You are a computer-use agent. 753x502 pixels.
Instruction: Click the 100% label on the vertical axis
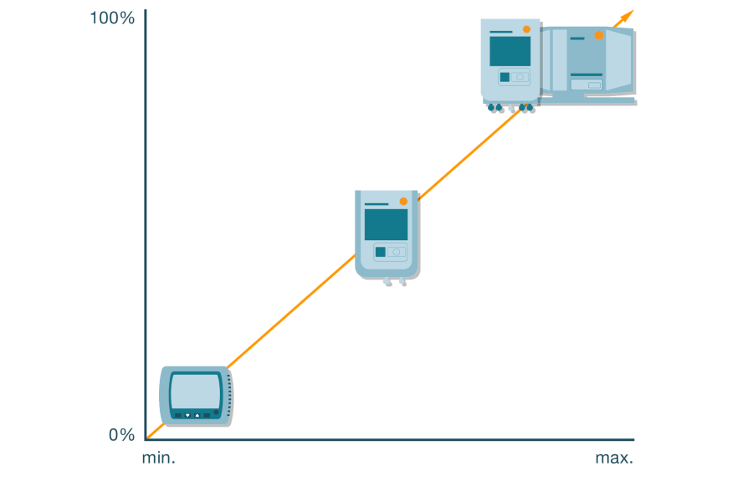coord(112,18)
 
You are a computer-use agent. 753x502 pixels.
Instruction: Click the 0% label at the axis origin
coord(121,434)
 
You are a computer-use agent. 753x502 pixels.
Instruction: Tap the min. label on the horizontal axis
coord(158,458)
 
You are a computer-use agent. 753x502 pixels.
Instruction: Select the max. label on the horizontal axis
coord(614,458)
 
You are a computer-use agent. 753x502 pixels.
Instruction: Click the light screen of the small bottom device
coord(196,390)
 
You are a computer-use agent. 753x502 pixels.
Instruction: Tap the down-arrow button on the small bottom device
coord(187,415)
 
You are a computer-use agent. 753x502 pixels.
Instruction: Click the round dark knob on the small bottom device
coord(215,412)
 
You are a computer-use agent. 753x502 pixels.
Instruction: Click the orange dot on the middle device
coord(403,202)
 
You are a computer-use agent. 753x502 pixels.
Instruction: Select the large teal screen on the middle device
coord(386,224)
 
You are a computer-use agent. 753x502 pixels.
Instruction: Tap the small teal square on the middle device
coord(380,252)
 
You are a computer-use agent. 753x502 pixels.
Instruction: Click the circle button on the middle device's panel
coord(397,252)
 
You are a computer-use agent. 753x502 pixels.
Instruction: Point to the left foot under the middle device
coord(386,281)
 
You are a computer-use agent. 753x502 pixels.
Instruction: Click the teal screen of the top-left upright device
coord(510,51)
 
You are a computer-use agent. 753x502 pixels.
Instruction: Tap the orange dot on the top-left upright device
coord(526,29)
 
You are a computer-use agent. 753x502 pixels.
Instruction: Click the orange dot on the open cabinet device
coord(599,35)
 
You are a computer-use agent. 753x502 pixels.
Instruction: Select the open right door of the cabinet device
coord(618,62)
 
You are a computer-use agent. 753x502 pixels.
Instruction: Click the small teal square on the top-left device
coord(505,77)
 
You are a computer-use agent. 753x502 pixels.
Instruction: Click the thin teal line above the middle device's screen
coord(376,204)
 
